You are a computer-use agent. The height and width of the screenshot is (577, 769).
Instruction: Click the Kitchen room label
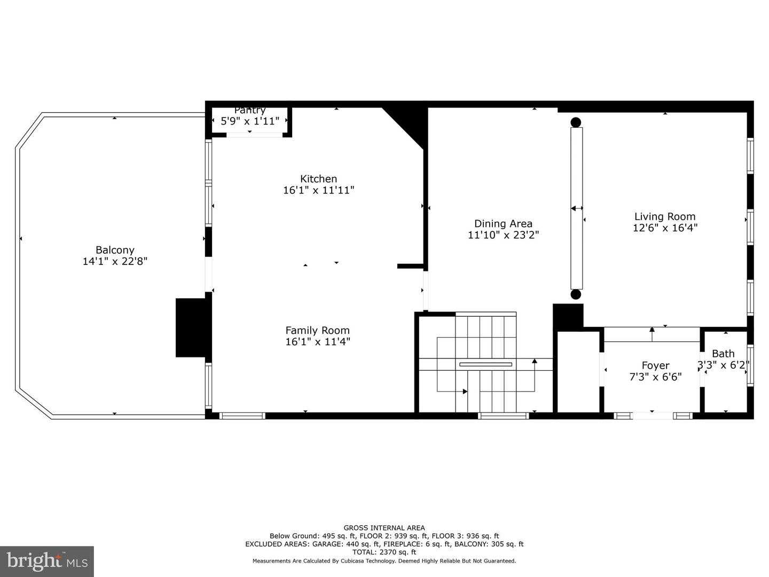(318, 179)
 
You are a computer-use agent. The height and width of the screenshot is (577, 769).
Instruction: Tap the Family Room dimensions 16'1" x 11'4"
(318, 342)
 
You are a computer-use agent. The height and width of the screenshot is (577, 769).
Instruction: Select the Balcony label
(115, 250)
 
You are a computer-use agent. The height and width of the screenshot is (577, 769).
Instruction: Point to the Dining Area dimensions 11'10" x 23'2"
(503, 235)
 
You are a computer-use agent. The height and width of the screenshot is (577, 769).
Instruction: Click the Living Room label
(665, 216)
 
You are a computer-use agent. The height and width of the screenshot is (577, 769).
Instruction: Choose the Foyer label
(655, 365)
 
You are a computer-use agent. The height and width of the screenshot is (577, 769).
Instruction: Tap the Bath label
(723, 354)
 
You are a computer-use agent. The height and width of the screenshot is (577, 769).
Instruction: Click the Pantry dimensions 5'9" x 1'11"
(250, 121)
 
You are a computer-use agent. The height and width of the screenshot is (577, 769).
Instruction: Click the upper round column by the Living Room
(576, 122)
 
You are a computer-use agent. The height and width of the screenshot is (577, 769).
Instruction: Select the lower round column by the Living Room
(576, 294)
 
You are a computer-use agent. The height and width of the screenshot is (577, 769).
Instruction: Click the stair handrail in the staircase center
(485, 365)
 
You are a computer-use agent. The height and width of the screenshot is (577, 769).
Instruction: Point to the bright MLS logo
(46, 561)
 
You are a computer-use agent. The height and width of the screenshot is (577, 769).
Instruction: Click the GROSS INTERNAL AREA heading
(384, 528)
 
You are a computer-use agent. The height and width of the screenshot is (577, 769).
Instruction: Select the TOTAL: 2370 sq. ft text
(384, 552)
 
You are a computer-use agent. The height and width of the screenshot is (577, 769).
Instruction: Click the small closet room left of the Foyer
(578, 371)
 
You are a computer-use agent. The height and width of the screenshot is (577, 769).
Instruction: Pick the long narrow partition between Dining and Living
(576, 208)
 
